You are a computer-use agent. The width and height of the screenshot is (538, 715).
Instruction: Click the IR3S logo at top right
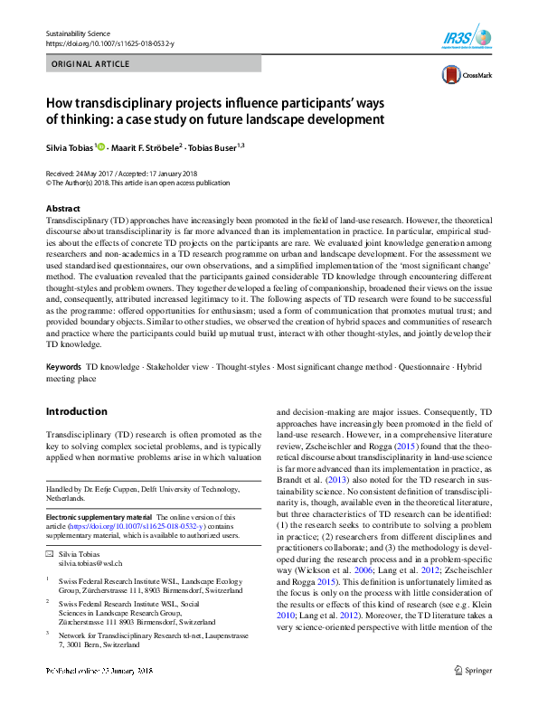point(470,39)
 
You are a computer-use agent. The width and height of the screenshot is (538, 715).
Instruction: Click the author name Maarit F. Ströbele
point(151,146)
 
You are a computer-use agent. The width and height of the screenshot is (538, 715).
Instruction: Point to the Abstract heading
point(62,208)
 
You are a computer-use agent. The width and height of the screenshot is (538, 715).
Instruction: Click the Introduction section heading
point(77,411)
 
